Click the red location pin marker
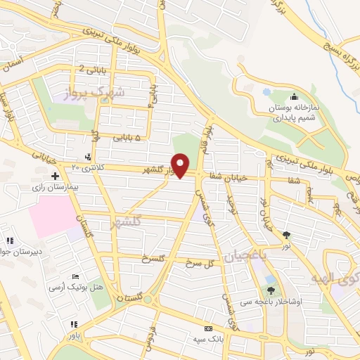[x=181, y=166]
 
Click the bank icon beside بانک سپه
[x=207, y=328]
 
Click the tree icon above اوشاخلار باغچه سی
[x=271, y=290]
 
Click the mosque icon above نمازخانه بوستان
[x=294, y=97]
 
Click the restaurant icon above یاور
[x=74, y=324]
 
